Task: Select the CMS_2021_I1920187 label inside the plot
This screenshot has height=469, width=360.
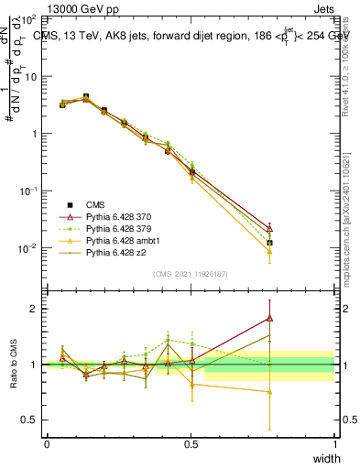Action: pos(190,273)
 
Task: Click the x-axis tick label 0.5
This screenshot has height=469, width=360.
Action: pos(191,443)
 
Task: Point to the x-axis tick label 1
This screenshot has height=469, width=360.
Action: pos(334,443)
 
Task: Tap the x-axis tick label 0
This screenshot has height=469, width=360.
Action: pos(47,443)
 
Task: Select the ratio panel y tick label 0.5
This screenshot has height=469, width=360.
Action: pos(32,420)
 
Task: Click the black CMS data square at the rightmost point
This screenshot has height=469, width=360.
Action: pos(269,243)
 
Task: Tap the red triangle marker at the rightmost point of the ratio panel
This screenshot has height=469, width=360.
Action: pos(269,318)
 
